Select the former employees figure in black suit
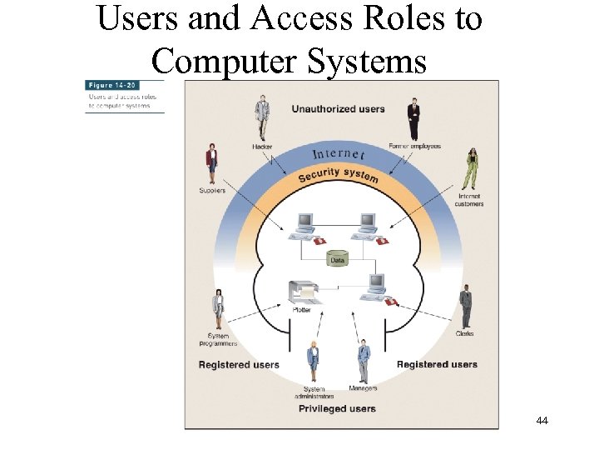tap(413, 119)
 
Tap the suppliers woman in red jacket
tap(212, 163)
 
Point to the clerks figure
tap(466, 306)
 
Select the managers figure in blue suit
tap(363, 360)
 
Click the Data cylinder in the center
tap(337, 259)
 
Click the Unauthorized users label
tap(338, 109)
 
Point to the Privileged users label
tap(337, 408)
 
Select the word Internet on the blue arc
tap(338, 154)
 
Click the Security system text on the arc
tap(338, 175)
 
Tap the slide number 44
tap(542, 421)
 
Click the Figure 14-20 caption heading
tap(111, 85)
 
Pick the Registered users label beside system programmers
tap(239, 365)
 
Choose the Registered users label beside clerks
tap(437, 364)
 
